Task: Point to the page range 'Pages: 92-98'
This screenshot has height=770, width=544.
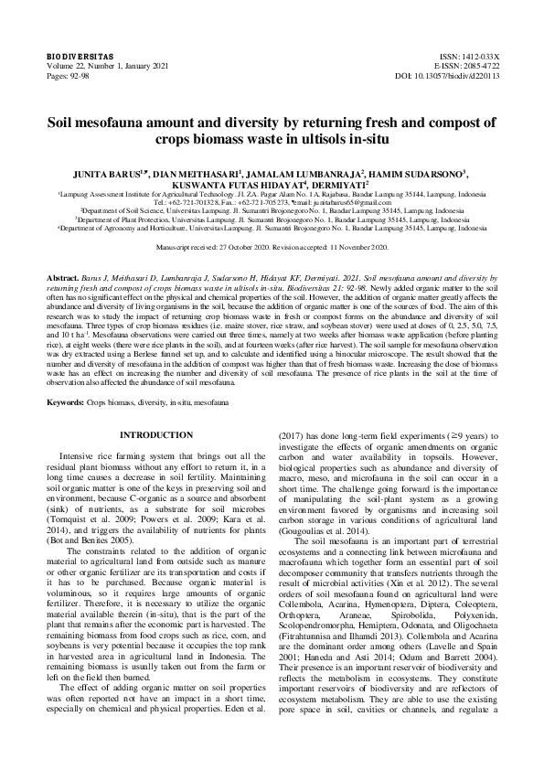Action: pyautogui.click(x=68, y=76)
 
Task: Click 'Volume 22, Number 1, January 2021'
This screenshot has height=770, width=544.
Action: pyautogui.click(x=106, y=66)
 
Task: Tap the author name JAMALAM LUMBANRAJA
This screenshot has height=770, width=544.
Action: pyautogui.click(x=294, y=172)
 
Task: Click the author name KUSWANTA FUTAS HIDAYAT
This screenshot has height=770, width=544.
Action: pyautogui.click(x=236, y=183)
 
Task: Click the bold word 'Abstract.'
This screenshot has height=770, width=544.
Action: pyautogui.click(x=60, y=276)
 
